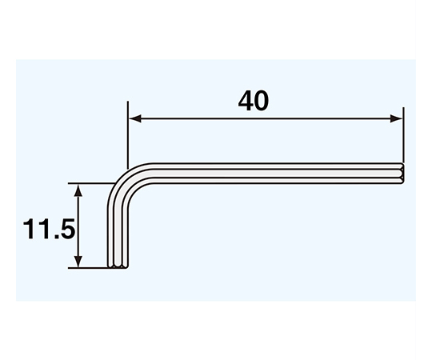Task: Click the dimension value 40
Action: (x=253, y=101)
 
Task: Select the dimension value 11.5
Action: (x=49, y=229)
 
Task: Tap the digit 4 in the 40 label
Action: (x=246, y=101)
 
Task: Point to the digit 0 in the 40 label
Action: (x=261, y=102)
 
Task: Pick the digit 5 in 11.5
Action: (x=67, y=229)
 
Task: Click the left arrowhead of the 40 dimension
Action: (x=135, y=118)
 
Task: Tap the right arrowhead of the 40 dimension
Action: (x=396, y=118)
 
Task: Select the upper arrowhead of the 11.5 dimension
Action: (x=78, y=190)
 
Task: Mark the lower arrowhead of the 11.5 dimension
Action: (x=78, y=262)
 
